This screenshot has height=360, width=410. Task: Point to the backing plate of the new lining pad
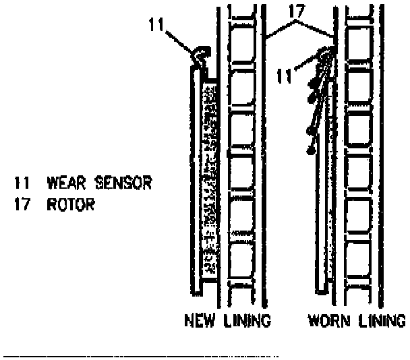(x=195, y=182)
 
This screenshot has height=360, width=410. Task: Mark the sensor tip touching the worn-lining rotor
(x=329, y=51)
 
